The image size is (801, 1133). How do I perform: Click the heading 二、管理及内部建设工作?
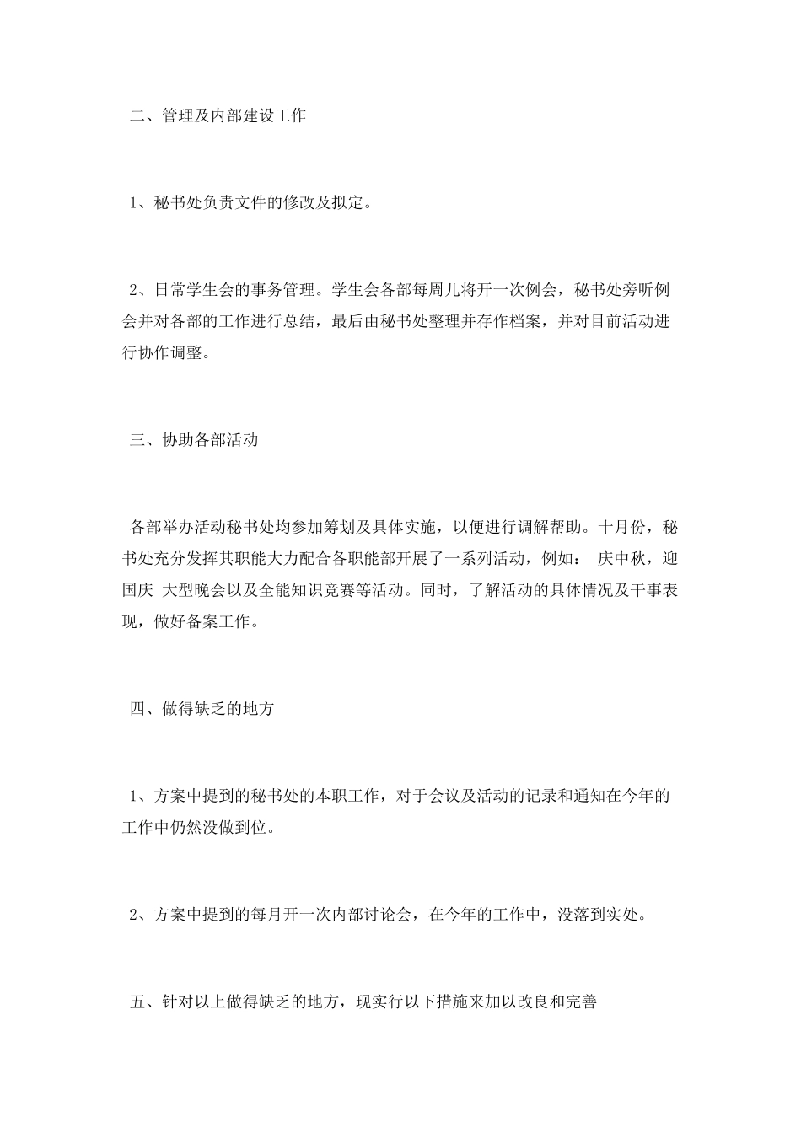pyautogui.click(x=218, y=115)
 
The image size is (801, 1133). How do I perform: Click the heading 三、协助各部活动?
pyautogui.click(x=194, y=441)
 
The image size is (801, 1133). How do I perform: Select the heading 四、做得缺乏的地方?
pyautogui.click(x=202, y=709)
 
